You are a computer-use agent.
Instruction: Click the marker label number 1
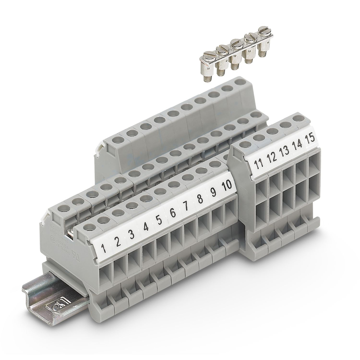pyautogui.click(x=104, y=248)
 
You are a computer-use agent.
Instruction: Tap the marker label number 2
pyautogui.click(x=118, y=242)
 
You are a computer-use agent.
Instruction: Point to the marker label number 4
pyautogui.click(x=145, y=228)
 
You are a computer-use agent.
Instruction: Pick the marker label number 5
pyautogui.click(x=159, y=220)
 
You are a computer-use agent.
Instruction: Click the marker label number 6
pyautogui.click(x=173, y=213)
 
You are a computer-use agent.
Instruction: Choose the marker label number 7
pyautogui.click(x=186, y=206)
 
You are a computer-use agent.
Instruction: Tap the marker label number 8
pyautogui.click(x=200, y=199)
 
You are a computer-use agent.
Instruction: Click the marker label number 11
pyautogui.click(x=258, y=165)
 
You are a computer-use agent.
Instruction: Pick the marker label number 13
pyautogui.click(x=284, y=151)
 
